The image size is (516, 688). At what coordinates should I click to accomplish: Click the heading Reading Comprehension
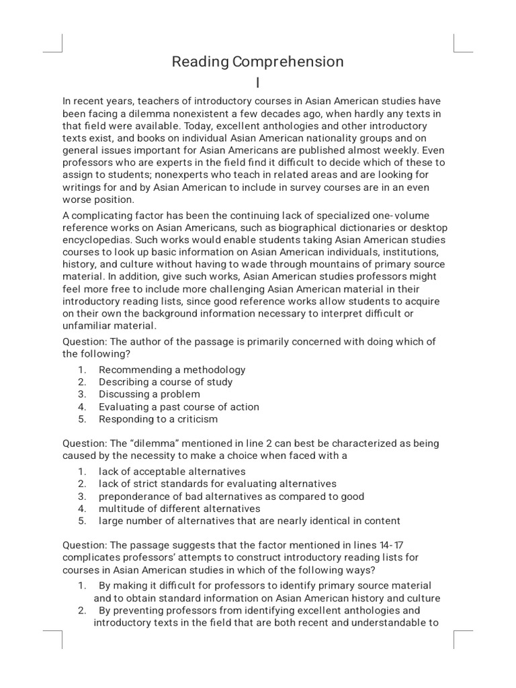tap(257, 62)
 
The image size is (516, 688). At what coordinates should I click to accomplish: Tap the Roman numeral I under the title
tap(257, 82)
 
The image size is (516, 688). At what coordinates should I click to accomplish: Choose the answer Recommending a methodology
tap(172, 370)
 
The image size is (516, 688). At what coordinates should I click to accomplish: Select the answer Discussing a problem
tap(149, 394)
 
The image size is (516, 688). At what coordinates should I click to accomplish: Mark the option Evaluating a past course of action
tap(179, 406)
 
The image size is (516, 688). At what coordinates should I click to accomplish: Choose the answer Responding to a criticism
tap(158, 419)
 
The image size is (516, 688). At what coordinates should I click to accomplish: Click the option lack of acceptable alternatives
tap(172, 472)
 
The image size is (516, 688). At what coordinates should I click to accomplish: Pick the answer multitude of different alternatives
tap(179, 509)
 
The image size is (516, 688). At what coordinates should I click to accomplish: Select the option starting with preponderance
tap(231, 497)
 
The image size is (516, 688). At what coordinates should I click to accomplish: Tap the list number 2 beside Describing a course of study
tap(81, 382)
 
